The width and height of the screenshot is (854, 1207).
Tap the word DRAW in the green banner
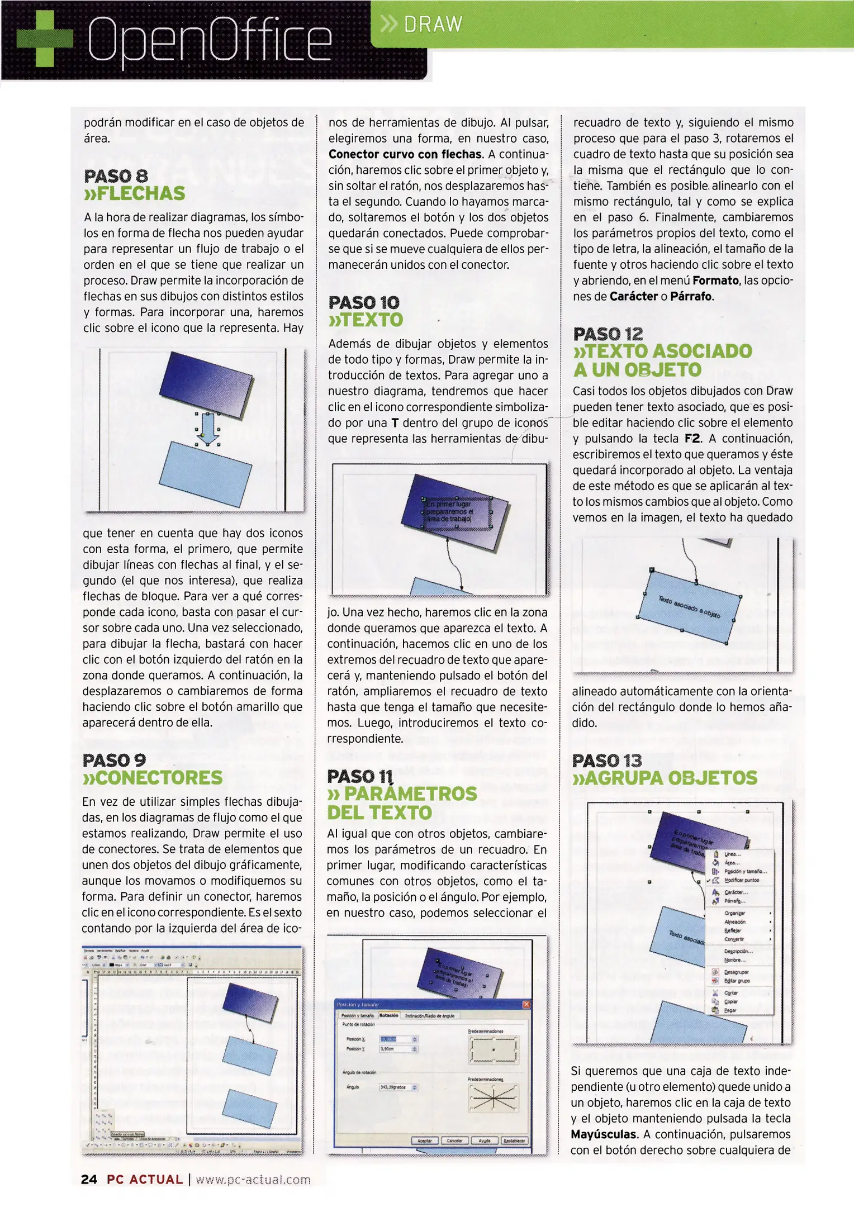[x=433, y=25]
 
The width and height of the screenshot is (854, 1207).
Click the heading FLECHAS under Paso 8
[x=134, y=193]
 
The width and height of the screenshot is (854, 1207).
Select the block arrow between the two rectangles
[x=207, y=428]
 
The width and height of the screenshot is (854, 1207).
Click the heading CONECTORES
[x=152, y=777]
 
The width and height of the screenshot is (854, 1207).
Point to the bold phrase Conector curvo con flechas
[x=405, y=154]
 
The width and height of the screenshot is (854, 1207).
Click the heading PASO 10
[x=364, y=303]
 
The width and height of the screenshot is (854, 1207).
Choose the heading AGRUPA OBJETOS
[x=665, y=778]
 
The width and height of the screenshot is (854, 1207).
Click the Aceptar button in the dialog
[x=425, y=1141]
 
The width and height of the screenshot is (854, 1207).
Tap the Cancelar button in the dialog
[x=454, y=1141]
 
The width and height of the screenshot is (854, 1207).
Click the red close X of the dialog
[x=526, y=1004]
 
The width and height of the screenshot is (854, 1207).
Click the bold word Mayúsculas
[x=603, y=1134]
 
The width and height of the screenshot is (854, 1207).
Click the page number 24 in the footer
[x=89, y=1180]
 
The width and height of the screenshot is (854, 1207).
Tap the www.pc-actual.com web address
[x=253, y=1180]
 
